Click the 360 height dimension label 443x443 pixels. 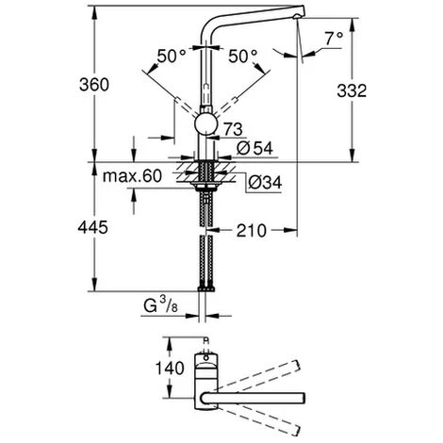tap(94, 85)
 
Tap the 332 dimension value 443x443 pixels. tap(352, 91)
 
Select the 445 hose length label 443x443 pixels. tap(93, 227)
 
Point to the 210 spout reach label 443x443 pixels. tap(252, 231)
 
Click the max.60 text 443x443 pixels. tap(132, 176)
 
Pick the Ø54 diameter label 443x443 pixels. tap(254, 148)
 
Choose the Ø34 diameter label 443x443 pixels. tap(265, 182)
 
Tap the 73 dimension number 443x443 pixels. tap(233, 129)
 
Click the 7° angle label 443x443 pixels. tap(334, 39)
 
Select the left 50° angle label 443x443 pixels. tap(172, 57)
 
